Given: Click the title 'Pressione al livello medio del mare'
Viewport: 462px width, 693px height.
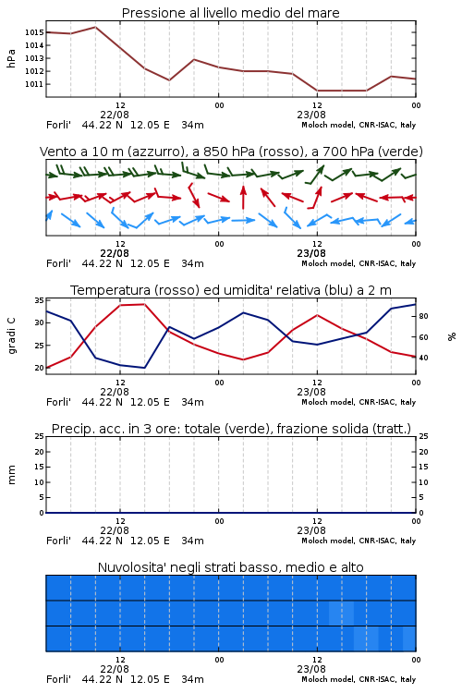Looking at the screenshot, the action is click(x=230, y=13).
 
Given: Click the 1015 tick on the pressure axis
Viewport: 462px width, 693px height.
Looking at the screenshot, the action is click(x=34, y=32).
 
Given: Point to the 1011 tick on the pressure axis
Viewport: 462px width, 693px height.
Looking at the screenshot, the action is click(x=34, y=84).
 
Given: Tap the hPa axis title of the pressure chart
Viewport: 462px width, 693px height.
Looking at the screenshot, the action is click(x=11, y=58).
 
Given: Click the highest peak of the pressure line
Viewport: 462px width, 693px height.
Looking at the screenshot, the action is click(x=95, y=27).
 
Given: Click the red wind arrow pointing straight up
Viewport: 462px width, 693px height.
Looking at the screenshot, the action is click(x=243, y=197).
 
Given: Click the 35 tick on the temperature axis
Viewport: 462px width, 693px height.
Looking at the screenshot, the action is click(x=39, y=300).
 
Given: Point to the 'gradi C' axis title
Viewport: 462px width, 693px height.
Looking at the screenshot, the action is click(x=12, y=336).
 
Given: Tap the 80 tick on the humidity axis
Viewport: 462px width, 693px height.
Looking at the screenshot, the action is click(x=423, y=316).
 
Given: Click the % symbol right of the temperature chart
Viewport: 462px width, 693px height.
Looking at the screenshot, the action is click(x=452, y=336).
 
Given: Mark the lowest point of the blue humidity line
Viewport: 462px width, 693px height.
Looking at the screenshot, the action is click(x=144, y=368).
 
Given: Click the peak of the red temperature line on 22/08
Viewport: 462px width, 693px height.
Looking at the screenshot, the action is click(x=144, y=304).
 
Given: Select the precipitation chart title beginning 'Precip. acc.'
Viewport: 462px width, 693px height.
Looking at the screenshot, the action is click(x=231, y=429).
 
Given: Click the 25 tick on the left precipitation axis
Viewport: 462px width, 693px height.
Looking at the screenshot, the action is click(x=39, y=436).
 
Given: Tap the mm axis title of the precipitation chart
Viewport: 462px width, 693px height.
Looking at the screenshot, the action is click(x=11, y=475).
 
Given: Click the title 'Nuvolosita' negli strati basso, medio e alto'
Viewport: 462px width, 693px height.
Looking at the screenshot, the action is click(x=230, y=567).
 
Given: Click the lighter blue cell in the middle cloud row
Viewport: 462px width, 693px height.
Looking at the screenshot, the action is click(x=341, y=613).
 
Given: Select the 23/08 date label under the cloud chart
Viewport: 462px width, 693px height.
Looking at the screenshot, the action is click(x=311, y=669).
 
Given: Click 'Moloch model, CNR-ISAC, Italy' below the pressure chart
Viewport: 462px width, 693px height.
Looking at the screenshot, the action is click(x=359, y=125).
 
